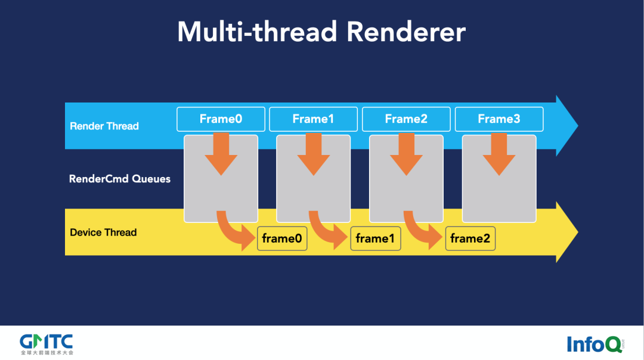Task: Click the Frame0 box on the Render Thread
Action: coord(221,119)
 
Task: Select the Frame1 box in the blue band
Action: coord(313,119)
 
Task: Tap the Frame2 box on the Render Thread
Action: coord(406,119)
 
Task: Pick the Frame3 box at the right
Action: coord(499,119)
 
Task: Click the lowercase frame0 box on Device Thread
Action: coord(282,239)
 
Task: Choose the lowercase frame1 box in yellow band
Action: coord(375,239)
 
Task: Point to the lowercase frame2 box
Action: coord(470,239)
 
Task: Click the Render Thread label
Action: coord(104,126)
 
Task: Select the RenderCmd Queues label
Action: coord(120,179)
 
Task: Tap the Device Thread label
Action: coord(103,232)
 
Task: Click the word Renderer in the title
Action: coord(406,32)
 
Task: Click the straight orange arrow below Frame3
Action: coord(499,154)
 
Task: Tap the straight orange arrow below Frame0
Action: coord(221,154)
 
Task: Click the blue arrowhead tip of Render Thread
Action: coord(569,126)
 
